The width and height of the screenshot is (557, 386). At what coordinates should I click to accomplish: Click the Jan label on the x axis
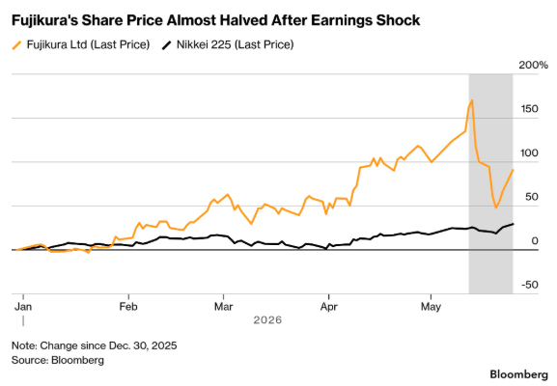23,307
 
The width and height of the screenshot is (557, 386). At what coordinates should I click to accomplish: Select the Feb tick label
128,307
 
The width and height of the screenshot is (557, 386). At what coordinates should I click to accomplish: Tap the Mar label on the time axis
223,307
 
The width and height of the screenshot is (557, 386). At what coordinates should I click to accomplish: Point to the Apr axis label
328,307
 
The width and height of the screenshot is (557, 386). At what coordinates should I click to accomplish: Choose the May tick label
431,307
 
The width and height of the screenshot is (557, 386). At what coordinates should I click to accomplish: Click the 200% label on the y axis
534,65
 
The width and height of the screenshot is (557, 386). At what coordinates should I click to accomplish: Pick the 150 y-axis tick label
530,109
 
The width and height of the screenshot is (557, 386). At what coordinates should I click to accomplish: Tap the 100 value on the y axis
530,153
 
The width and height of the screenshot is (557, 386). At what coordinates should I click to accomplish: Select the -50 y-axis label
530,285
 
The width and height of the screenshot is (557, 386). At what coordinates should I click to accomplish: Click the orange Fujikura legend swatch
17,45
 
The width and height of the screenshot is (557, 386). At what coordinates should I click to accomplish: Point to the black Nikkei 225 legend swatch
167,45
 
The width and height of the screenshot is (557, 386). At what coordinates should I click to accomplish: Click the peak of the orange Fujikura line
472,100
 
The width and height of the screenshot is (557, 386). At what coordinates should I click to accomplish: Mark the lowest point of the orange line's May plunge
496,207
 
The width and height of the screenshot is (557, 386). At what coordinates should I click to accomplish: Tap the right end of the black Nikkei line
513,224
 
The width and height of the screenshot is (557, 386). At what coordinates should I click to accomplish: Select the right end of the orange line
513,170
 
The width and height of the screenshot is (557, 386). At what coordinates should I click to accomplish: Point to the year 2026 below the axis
267,320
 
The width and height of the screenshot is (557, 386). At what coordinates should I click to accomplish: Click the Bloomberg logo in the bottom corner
519,374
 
